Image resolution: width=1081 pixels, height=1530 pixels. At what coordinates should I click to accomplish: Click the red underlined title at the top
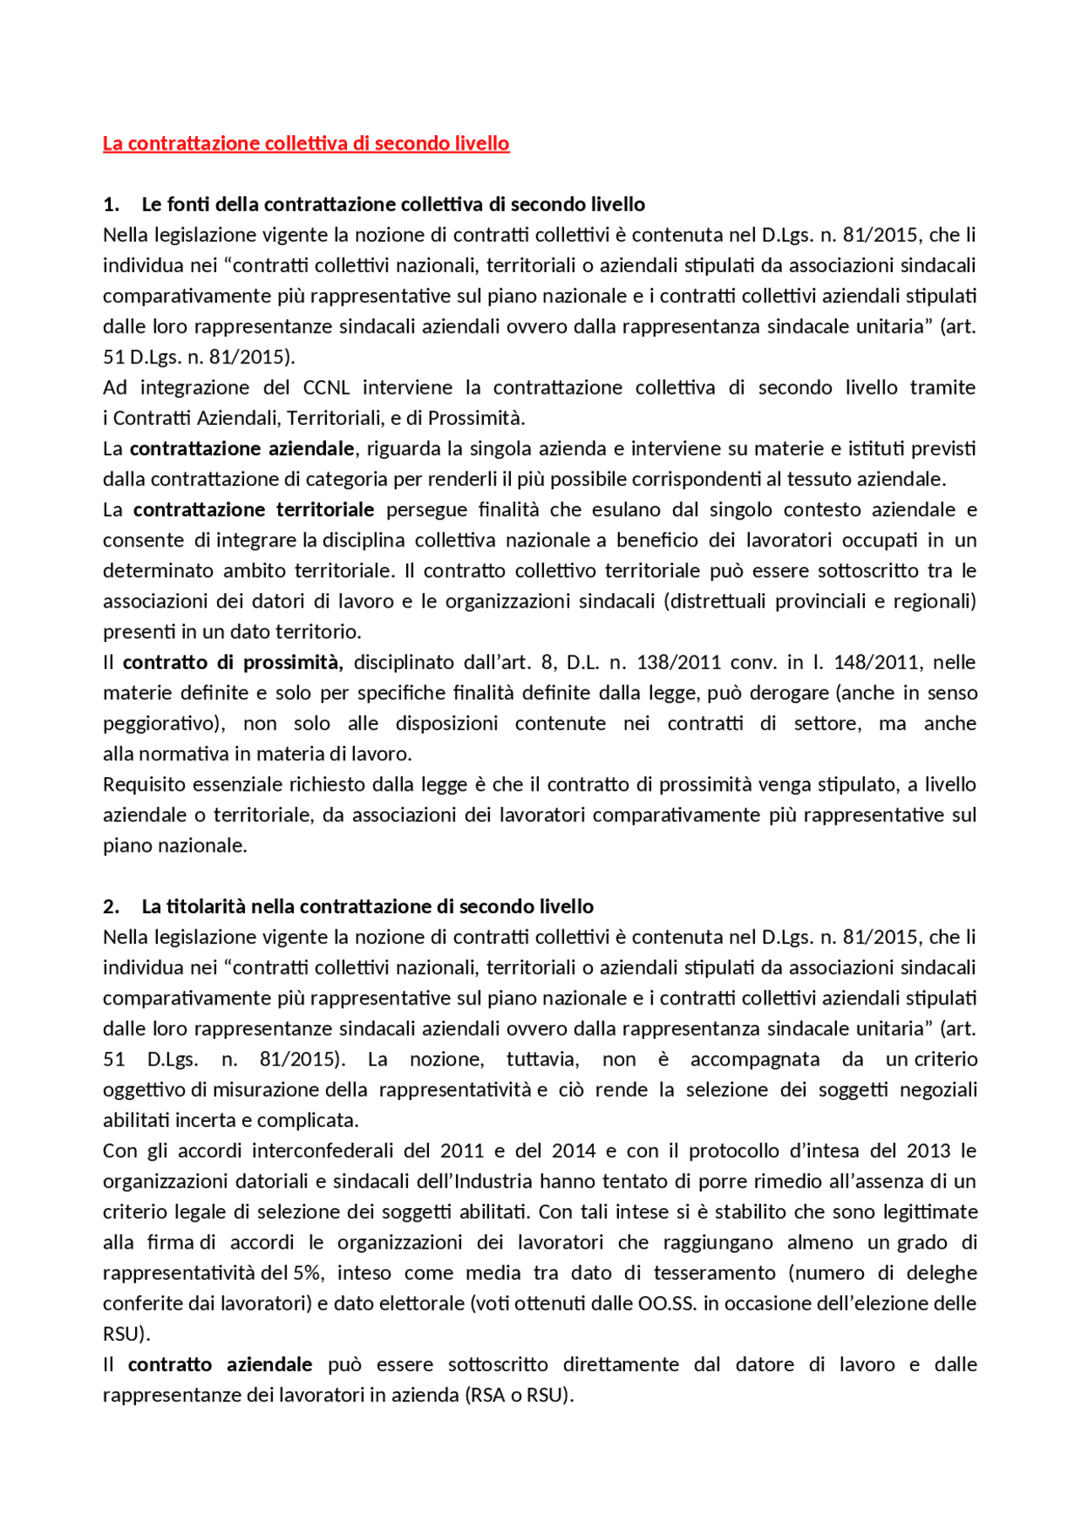coord(306,144)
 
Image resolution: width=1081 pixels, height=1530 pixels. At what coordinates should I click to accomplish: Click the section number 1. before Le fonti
coord(111,204)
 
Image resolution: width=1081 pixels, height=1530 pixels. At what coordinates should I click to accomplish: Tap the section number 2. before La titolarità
coord(111,907)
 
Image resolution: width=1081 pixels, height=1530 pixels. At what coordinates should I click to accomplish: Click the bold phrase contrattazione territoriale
coord(253,509)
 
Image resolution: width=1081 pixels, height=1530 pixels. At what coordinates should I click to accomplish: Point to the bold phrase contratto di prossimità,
coord(233,662)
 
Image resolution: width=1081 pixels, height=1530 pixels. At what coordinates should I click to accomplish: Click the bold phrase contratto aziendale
coord(220,1364)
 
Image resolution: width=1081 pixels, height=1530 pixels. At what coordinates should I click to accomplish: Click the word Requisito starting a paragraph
coord(144,785)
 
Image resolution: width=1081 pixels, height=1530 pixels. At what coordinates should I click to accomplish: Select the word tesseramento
coord(714,1273)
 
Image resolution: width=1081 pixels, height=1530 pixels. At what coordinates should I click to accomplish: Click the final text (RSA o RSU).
coord(519,1395)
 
